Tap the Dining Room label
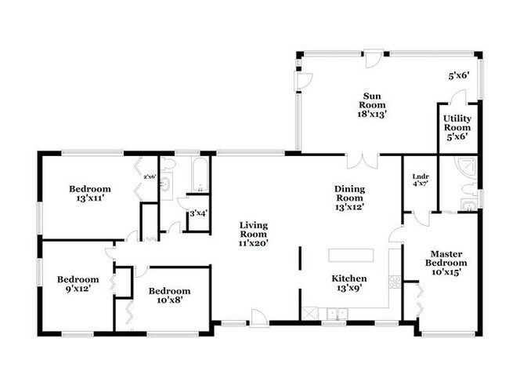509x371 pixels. (x=350, y=198)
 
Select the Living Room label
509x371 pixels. (x=254, y=234)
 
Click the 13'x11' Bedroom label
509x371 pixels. (x=90, y=193)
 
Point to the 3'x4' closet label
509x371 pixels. (x=197, y=213)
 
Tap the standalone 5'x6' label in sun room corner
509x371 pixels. (x=458, y=77)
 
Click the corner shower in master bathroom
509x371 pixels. (x=467, y=167)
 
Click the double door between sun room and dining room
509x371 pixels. (x=363, y=161)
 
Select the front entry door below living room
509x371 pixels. (x=256, y=318)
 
